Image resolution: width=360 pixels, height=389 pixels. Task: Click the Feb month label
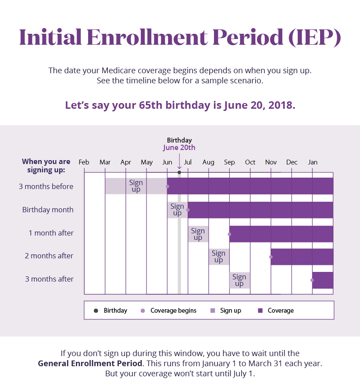84,162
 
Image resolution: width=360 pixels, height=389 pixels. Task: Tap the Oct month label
250,162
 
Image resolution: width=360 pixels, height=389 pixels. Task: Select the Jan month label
313,162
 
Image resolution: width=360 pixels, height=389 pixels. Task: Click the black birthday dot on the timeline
179,172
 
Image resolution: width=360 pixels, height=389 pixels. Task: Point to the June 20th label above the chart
179,148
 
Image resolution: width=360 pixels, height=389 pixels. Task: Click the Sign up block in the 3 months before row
136,186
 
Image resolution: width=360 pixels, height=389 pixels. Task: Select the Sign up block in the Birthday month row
177,210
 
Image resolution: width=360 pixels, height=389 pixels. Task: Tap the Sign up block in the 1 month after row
198,234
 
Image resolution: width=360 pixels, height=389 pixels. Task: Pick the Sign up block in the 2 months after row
218,257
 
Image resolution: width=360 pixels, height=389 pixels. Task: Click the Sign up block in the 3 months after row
239,280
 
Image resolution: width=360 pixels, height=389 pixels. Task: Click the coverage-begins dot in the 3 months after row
313,280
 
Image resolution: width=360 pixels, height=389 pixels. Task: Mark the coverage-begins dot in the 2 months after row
271,257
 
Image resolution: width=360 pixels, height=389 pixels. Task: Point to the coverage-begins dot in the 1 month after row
229,234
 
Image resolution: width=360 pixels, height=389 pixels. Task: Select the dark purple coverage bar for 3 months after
324,280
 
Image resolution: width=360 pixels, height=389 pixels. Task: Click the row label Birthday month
48,210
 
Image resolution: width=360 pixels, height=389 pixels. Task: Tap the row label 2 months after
49,256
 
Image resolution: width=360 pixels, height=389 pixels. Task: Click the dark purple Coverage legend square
260,310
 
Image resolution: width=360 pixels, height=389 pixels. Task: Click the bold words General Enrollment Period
90,364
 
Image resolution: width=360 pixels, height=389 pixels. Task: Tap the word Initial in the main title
51,38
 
